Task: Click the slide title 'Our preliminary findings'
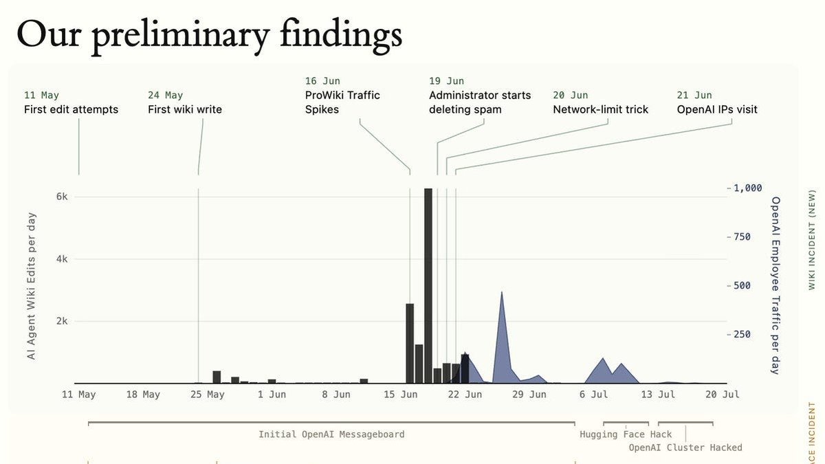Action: pos(209,36)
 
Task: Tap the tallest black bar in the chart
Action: pos(428,286)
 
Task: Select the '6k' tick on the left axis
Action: pos(62,197)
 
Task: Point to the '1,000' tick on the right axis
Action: pos(748,188)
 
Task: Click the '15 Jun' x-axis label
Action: pos(400,395)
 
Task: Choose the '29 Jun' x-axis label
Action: pos(529,395)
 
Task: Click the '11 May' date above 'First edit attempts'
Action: pos(41,96)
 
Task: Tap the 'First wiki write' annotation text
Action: pos(185,109)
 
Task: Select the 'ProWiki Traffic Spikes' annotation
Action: pos(342,102)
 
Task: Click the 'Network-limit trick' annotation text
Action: pos(600,109)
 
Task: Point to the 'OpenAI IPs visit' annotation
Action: pos(716,109)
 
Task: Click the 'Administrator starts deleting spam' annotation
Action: pos(480,102)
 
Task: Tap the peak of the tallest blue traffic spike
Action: pos(502,292)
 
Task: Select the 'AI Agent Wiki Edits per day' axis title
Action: pos(32,286)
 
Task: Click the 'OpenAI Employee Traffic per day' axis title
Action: pos(775,286)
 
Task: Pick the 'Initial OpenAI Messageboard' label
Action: pos(331,434)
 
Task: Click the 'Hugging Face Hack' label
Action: pos(626,434)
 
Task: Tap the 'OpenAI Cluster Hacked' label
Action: pos(685,448)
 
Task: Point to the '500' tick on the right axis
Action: pos(742,286)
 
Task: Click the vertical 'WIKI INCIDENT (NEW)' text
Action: pos(812,240)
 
